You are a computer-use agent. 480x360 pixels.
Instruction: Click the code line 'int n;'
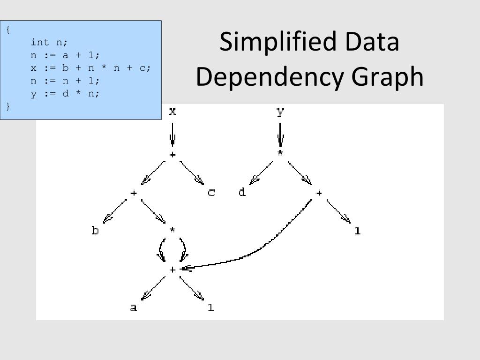(x=49, y=42)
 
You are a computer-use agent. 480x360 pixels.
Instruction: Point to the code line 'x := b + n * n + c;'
(x=91, y=67)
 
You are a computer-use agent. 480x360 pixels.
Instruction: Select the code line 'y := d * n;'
(x=65, y=93)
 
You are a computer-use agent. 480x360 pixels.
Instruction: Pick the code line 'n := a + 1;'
(x=65, y=55)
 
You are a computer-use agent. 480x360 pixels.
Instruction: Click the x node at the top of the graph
(x=172, y=112)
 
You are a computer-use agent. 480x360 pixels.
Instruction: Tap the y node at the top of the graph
(x=280, y=112)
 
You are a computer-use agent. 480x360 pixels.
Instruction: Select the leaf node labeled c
(x=211, y=193)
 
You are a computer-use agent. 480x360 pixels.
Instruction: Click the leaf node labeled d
(x=242, y=193)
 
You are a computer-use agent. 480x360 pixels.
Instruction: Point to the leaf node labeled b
(x=95, y=231)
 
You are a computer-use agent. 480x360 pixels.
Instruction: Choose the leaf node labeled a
(x=134, y=308)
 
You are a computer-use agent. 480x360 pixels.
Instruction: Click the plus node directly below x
(x=172, y=154)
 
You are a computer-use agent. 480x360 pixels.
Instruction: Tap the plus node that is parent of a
(x=172, y=270)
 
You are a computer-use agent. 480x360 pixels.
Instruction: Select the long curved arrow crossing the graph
(x=262, y=248)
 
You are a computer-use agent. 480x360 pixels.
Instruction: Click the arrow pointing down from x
(x=172, y=134)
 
